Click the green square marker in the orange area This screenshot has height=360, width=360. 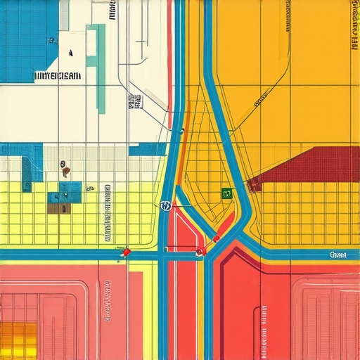[226, 193]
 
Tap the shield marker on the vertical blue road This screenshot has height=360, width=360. [166, 206]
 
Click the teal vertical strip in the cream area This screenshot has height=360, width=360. [101, 67]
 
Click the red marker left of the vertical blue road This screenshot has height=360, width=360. [127, 251]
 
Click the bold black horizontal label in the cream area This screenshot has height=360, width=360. [58, 75]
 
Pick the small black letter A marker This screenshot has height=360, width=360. [70, 53]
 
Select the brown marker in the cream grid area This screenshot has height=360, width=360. [65, 169]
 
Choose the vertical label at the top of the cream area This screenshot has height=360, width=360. [112, 10]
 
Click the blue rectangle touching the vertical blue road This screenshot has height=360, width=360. [148, 149]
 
